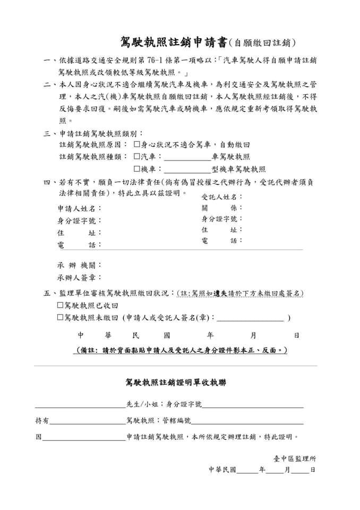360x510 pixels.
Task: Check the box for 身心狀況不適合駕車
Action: pos(137,144)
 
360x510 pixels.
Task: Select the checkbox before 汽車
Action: pos(137,157)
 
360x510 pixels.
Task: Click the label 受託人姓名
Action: pos(221,197)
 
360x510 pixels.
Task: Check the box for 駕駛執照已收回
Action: pos(60,305)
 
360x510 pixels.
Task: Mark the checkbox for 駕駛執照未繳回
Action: pos(60,318)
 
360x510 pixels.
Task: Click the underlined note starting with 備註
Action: pos(181,351)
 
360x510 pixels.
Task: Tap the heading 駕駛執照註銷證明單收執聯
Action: pos(175,382)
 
